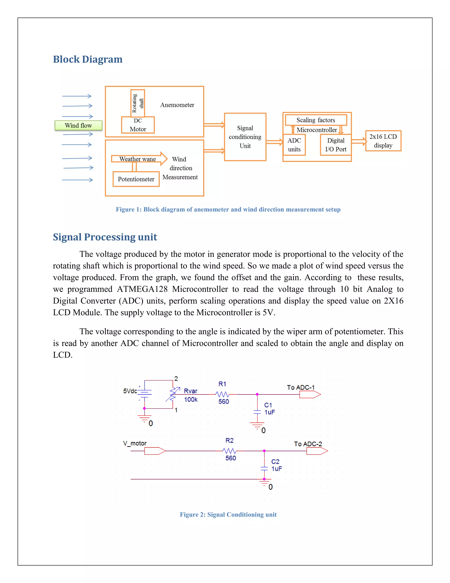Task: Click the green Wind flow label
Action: coord(78,125)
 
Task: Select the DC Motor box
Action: coord(138,125)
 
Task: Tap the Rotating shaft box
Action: coord(138,103)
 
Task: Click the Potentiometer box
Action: coord(136,179)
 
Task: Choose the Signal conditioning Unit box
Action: coord(245,137)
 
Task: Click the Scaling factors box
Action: coord(316,120)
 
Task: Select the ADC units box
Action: coord(294,145)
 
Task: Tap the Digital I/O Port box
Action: coord(336,145)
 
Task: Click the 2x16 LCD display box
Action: coord(383,141)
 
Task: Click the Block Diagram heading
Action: coord(88,59)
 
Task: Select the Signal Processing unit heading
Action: coord(105,237)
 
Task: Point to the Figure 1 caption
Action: coord(228,209)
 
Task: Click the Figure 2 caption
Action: coord(228,514)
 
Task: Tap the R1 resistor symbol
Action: coord(222,394)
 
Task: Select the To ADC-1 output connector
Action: coord(310,394)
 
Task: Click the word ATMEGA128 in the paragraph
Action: coord(142,289)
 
